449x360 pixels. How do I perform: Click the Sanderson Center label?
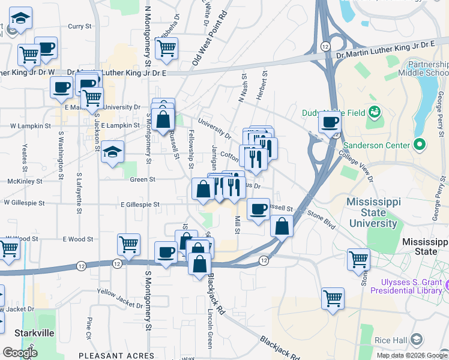tap(379, 145)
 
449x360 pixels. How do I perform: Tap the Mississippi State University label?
tap(373, 212)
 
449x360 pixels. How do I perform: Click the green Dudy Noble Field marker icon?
tap(375, 111)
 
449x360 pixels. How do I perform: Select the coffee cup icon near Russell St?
tap(258, 209)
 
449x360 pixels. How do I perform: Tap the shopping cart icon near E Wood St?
tap(129, 244)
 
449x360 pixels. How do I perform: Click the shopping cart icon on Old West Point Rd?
tap(166, 47)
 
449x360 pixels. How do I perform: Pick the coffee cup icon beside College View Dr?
tap(329, 122)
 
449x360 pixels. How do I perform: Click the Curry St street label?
tap(79, 26)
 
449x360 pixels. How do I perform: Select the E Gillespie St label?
tap(140, 205)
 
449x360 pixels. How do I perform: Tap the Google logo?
tap(20, 352)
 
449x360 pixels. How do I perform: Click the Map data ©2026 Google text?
tap(411, 355)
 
